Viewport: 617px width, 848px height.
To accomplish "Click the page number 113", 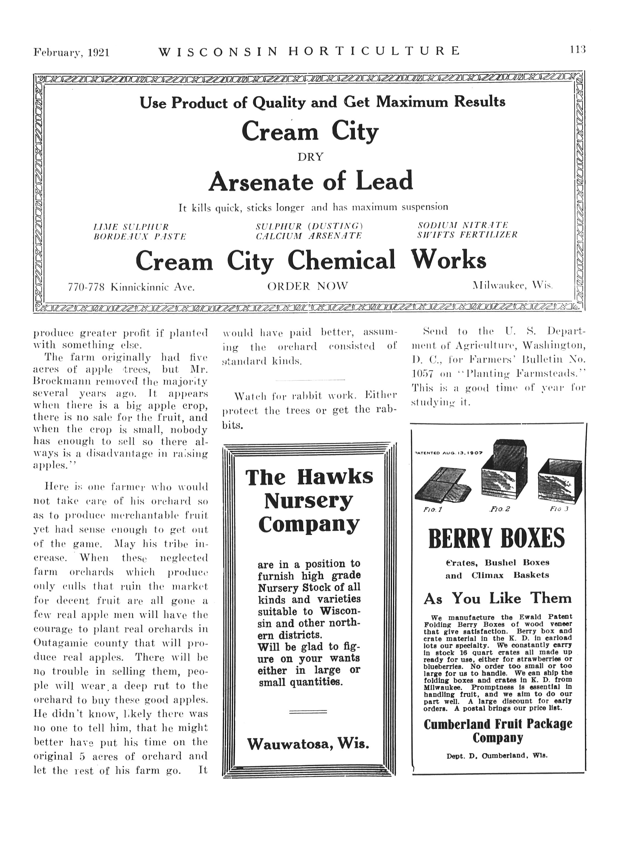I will click(x=578, y=50).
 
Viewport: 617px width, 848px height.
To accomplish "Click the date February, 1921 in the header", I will click(x=71, y=52).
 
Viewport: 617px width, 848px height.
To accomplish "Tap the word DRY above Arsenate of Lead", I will click(x=310, y=157).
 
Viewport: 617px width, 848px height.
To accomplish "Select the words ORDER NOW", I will click(x=308, y=286).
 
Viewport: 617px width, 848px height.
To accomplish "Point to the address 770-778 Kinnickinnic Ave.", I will click(x=131, y=287).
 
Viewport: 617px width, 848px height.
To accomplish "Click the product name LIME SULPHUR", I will click(x=131, y=227).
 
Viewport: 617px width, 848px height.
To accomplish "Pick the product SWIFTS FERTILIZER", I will click(x=468, y=235).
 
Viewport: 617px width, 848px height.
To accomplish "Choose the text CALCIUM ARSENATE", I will click(x=309, y=236).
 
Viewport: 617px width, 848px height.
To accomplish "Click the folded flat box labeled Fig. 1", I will click(x=442, y=485).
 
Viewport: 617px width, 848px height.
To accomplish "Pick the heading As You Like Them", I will click(x=497, y=599).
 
